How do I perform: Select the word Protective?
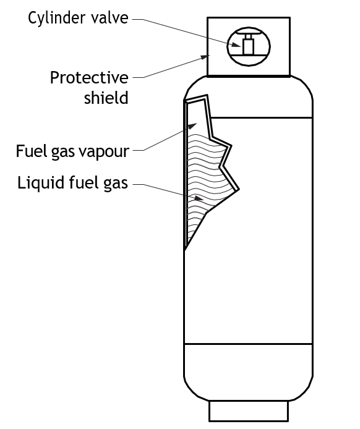click(89, 78)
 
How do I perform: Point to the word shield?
click(106, 98)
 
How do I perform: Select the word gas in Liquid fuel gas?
click(116, 184)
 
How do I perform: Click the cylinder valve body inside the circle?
click(248, 47)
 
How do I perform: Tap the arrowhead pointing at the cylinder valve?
click(236, 45)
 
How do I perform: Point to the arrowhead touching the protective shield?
click(205, 57)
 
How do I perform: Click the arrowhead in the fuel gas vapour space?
click(192, 126)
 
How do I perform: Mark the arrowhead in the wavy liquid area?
click(199, 198)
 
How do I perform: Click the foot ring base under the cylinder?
click(249, 411)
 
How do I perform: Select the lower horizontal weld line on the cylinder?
click(248, 344)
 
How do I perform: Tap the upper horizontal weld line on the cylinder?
click(261, 117)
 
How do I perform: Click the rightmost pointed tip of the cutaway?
click(239, 189)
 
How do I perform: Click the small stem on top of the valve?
click(248, 36)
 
